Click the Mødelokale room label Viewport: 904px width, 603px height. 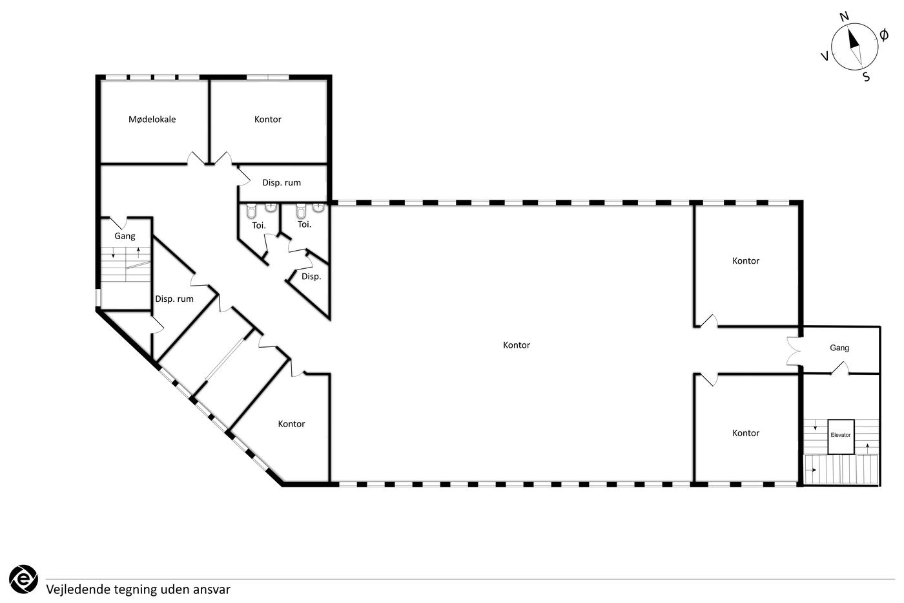click(152, 119)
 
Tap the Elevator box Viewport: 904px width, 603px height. click(841, 437)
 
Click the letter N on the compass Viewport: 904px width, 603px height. click(845, 17)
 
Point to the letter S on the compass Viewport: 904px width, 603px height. click(867, 77)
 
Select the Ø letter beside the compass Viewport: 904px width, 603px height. click(884, 35)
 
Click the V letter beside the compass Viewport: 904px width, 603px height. click(825, 56)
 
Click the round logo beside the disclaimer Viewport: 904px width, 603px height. click(23, 579)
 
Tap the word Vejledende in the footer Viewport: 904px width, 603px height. click(78, 589)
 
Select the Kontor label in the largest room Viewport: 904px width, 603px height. click(516, 345)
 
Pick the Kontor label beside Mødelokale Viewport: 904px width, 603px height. click(267, 119)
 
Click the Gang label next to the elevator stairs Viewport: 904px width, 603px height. click(839, 348)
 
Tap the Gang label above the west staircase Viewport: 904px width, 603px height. click(125, 236)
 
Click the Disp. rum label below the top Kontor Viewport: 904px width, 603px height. click(282, 182)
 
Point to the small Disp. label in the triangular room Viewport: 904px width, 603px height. click(311, 277)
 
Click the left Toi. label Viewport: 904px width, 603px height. click(259, 226)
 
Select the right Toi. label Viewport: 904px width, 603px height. click(304, 224)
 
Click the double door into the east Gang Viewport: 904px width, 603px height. click(794, 351)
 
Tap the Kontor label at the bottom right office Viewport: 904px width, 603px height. click(745, 433)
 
